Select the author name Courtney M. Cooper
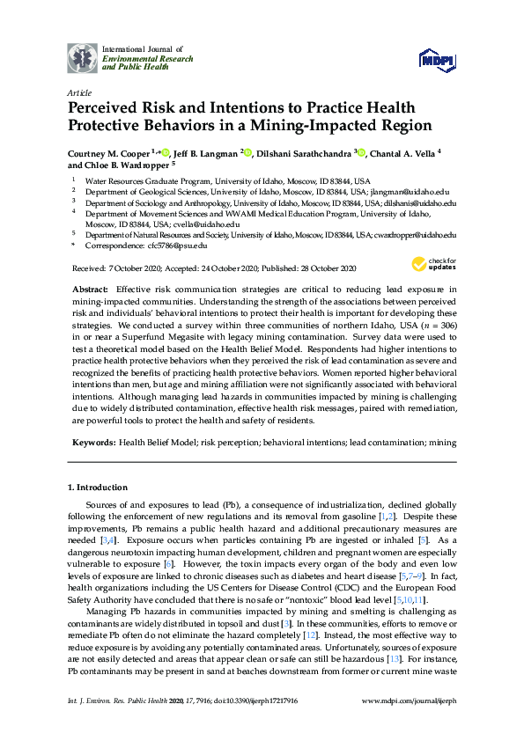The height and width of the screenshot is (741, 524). pyautogui.click(x=107, y=152)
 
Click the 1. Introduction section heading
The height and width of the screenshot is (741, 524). pyautogui.click(x=97, y=488)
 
